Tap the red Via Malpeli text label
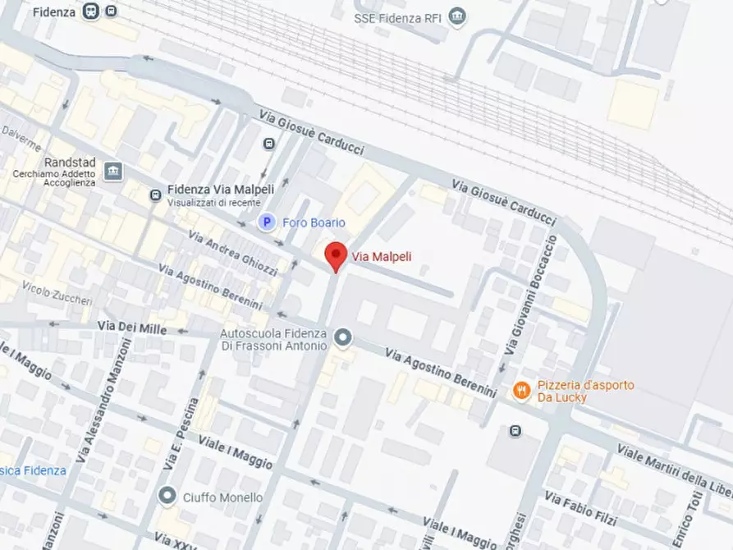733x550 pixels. point(382,257)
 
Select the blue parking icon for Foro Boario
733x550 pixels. point(266,222)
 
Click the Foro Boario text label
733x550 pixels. point(314,222)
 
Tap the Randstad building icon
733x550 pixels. point(113,171)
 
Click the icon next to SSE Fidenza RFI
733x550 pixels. point(458,16)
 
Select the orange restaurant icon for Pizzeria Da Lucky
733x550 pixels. point(520,391)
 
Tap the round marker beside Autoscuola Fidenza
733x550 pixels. point(343,337)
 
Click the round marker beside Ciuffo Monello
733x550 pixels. point(167,496)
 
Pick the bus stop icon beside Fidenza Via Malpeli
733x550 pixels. point(154,195)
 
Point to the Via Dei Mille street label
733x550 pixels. point(132,328)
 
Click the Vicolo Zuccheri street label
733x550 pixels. point(57,293)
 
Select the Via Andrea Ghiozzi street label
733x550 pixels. point(233,253)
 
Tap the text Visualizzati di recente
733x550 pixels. point(213,203)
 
